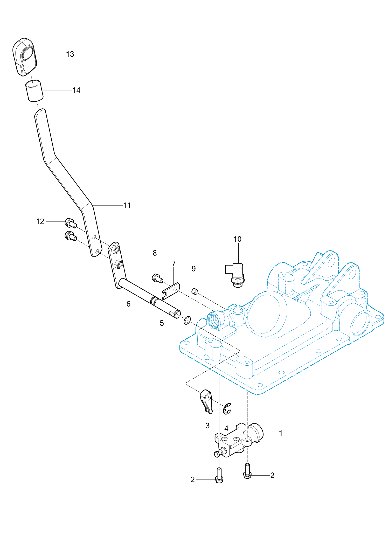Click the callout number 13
pyautogui.click(x=70, y=54)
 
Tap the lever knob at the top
pyautogui.click(x=25, y=57)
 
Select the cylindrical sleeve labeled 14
pyautogui.click(x=34, y=90)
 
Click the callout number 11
pyautogui.click(x=127, y=205)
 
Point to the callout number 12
pyautogui.click(x=40, y=221)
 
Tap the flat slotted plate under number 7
pyautogui.click(x=171, y=291)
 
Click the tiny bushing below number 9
pyautogui.click(x=195, y=291)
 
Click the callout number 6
pyautogui.click(x=128, y=304)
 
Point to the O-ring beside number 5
pyautogui.click(x=187, y=320)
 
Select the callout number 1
pyautogui.click(x=281, y=433)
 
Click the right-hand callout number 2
pyautogui.click(x=272, y=475)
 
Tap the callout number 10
pyautogui.click(x=238, y=239)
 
